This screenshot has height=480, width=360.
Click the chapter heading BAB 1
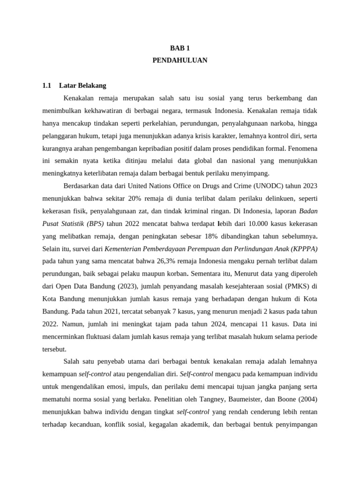point(180,48)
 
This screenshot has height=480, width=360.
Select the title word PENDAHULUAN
point(180,60)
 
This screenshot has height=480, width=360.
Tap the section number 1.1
point(46,86)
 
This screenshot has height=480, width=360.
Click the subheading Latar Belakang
point(83,86)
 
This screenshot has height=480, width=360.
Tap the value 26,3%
point(162,261)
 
